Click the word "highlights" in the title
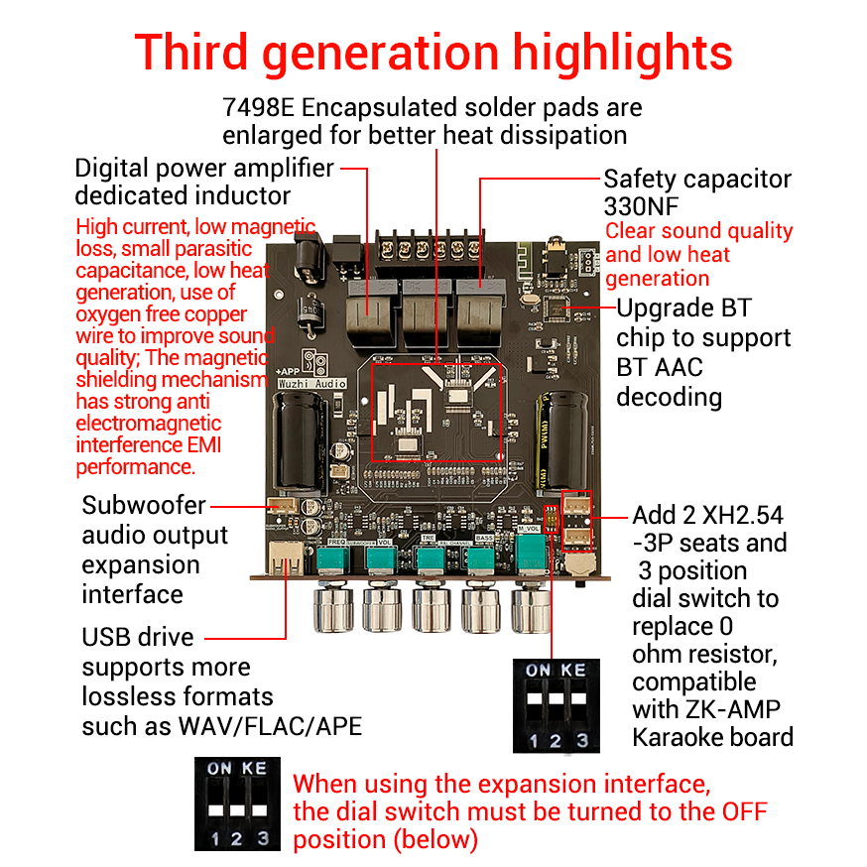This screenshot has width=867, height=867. tap(623, 54)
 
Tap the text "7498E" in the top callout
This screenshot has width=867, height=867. tap(258, 107)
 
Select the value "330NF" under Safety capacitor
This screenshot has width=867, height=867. tap(641, 206)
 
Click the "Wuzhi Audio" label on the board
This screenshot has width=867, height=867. tap(312, 383)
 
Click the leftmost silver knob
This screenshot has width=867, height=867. tap(333, 609)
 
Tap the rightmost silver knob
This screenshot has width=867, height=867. tap(532, 609)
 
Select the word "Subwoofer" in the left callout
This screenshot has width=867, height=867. tap(144, 505)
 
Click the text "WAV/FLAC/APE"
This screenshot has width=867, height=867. tap(270, 726)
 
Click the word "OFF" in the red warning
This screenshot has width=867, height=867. tap(744, 811)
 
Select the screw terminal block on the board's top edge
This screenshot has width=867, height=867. tap(431, 248)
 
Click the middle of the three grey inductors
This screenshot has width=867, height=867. tap(427, 312)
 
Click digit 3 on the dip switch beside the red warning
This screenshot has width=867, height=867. tap(263, 838)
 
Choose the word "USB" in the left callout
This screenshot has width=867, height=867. tap(107, 637)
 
